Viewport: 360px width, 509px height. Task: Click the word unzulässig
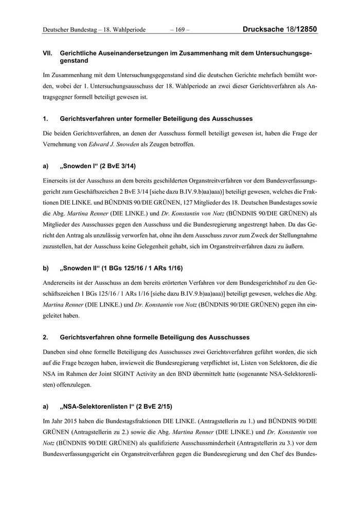pos(103,235)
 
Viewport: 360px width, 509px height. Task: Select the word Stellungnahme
pos(295,235)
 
